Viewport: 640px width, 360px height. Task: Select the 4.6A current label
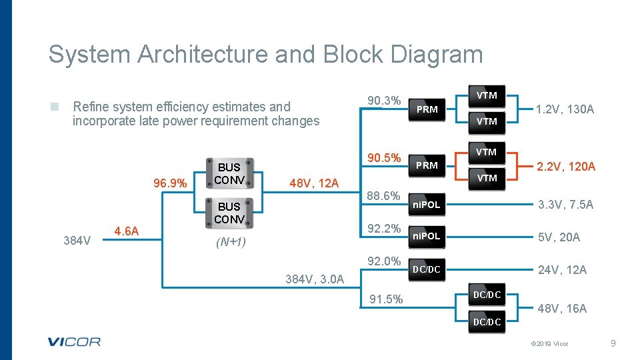pos(127,231)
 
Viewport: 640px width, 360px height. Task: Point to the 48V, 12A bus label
pos(314,183)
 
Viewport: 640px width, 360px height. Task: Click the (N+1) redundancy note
pos(231,243)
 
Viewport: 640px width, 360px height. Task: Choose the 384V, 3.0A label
pos(314,279)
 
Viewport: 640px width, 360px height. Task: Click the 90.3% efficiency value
pos(384,101)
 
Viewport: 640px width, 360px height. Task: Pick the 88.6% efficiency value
pos(384,197)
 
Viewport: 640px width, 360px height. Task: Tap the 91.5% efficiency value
pos(387,299)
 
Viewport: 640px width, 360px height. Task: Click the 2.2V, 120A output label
pos(567,167)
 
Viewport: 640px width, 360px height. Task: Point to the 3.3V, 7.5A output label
pos(566,204)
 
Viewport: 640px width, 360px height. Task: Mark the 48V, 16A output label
pos(563,308)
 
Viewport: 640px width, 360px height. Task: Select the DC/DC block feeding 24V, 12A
pos(427,269)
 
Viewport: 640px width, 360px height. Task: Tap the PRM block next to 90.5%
pos(427,165)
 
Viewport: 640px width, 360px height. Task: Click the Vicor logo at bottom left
pos(74,342)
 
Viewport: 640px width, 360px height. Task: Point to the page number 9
pos(613,343)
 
